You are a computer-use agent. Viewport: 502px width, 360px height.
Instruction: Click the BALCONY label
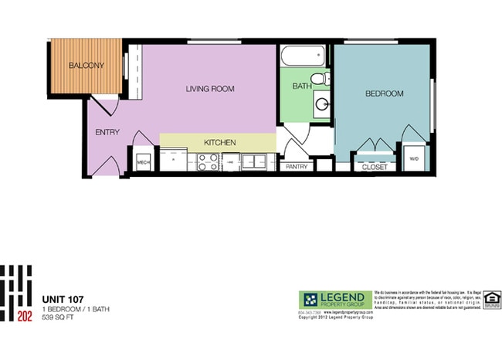[86, 66]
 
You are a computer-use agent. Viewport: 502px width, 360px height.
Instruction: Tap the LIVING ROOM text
[209, 89]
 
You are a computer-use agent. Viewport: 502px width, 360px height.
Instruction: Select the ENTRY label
[107, 132]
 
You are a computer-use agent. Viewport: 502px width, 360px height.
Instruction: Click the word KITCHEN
[219, 143]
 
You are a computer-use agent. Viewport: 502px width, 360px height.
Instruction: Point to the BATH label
[300, 87]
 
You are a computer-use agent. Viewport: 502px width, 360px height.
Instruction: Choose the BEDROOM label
[384, 93]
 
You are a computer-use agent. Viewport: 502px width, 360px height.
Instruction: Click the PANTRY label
[297, 166]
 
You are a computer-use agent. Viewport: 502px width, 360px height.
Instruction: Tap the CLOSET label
[375, 166]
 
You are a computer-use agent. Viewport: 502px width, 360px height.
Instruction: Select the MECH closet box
[143, 163]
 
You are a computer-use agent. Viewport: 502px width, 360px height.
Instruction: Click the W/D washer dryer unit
[413, 158]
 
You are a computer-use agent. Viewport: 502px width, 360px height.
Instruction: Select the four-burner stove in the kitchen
[207, 162]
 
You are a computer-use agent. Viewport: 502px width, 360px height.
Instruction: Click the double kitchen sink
[252, 162]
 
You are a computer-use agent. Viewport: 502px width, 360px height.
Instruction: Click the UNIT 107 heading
[63, 299]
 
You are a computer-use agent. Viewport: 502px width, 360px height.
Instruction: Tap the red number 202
[24, 315]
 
